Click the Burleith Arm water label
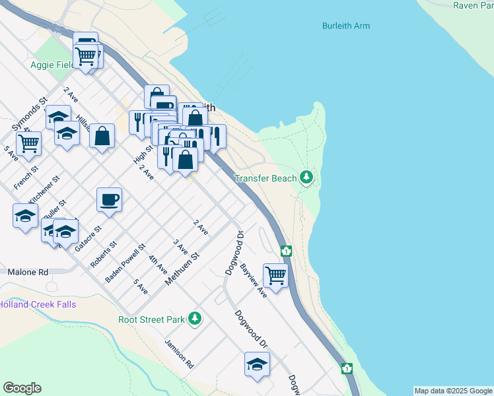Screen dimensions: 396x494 click(x=345, y=26)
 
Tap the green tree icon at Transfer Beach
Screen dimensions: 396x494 click(x=306, y=178)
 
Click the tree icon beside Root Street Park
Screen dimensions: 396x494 click(x=194, y=319)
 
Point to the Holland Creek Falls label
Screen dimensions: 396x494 click(x=38, y=304)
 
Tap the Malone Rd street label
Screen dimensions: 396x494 click(x=28, y=271)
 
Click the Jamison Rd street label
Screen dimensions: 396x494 click(x=179, y=354)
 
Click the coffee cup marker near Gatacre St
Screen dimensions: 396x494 click(x=109, y=199)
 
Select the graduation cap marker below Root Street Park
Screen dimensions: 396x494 click(x=257, y=364)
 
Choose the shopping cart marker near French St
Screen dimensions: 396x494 click(x=28, y=143)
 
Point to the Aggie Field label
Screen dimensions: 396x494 click(x=50, y=65)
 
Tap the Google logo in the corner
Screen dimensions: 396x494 click(x=22, y=388)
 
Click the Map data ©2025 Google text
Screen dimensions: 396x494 click(x=453, y=391)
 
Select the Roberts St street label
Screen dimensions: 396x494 click(x=103, y=253)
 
